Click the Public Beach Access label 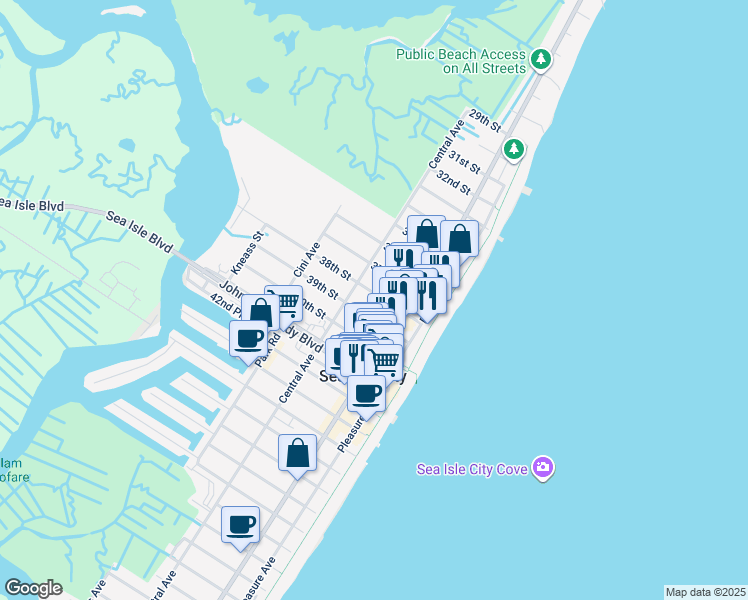point(460,61)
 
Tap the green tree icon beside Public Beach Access point(541,60)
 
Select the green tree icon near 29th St point(514,149)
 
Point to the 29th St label point(482,122)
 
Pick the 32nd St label point(453,182)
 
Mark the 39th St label point(321,286)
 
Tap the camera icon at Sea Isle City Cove point(543,467)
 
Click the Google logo point(33,588)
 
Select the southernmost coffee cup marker point(240,524)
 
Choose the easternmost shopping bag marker point(459,238)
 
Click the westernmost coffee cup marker point(248,336)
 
